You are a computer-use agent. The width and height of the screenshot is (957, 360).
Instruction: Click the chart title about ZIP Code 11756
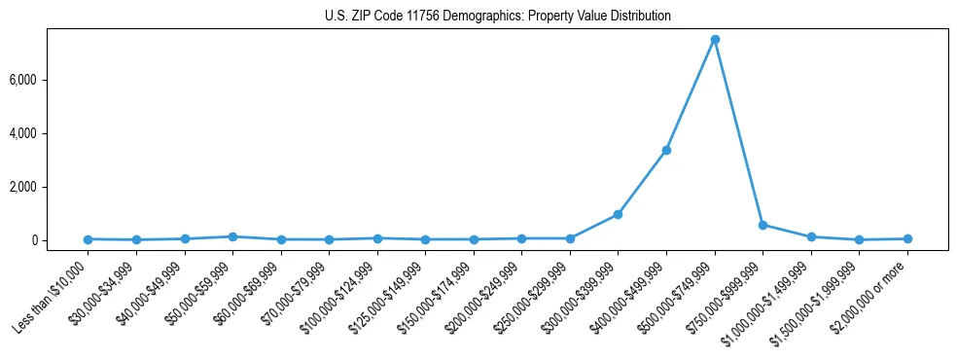497,17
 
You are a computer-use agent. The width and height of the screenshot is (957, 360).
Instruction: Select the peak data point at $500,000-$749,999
715,40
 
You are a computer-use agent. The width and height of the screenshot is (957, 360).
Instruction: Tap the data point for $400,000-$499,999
666,150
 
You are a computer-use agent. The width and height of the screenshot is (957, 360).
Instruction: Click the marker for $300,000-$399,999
618,214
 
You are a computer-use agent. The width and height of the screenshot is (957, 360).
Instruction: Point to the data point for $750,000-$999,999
762,225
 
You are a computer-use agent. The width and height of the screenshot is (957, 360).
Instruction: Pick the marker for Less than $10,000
88,239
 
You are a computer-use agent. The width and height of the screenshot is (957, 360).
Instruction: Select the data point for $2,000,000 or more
907,238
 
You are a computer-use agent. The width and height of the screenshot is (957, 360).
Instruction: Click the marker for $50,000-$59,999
232,236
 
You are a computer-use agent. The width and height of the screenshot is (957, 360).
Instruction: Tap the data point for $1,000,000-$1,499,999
811,236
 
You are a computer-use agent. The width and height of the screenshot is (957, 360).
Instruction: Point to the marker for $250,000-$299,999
570,238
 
